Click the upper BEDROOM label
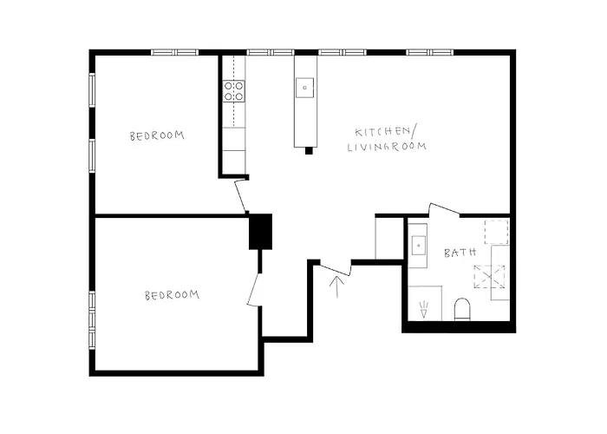click(157, 135)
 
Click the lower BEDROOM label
click(172, 295)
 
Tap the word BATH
click(460, 253)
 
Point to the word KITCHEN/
click(385, 131)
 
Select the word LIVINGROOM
click(387, 148)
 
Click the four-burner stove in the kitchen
click(234, 91)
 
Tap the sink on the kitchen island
click(304, 86)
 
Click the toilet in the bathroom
click(462, 309)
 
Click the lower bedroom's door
click(255, 286)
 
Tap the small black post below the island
click(308, 151)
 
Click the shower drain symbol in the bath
click(424, 309)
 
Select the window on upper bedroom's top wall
click(175, 52)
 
